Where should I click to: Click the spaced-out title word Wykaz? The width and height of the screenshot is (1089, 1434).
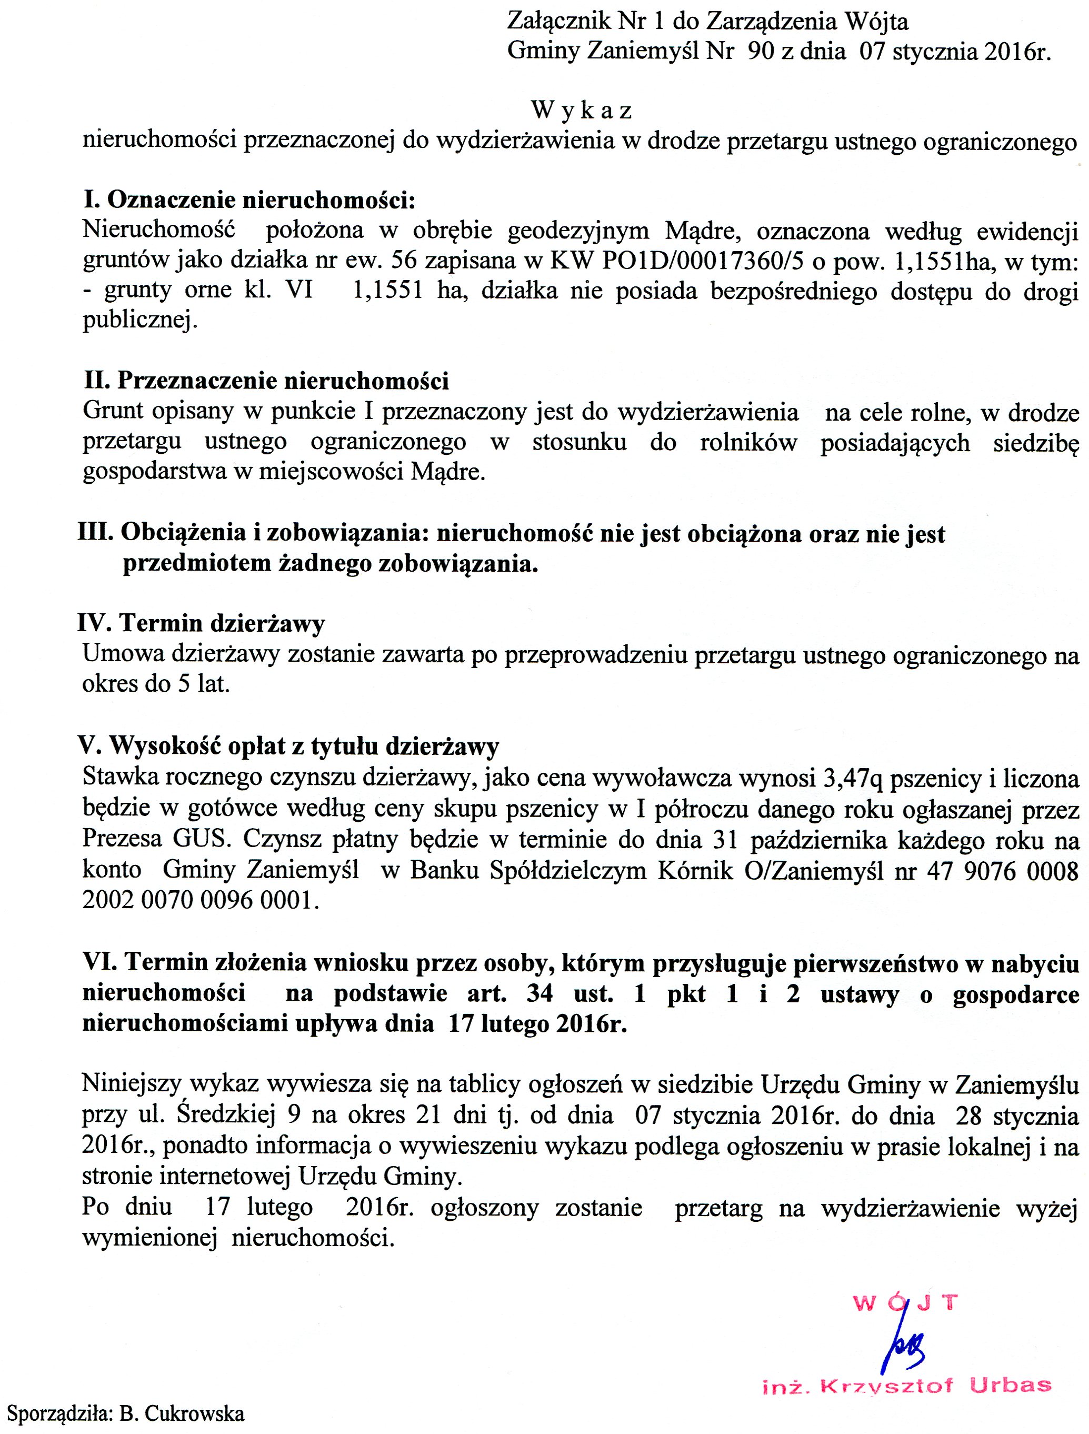(582, 111)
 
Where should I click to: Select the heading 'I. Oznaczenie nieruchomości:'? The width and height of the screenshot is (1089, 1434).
(249, 200)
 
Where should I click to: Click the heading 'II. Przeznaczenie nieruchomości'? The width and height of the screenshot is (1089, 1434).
(266, 381)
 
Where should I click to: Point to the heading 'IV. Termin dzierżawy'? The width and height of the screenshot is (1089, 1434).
(201, 623)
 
